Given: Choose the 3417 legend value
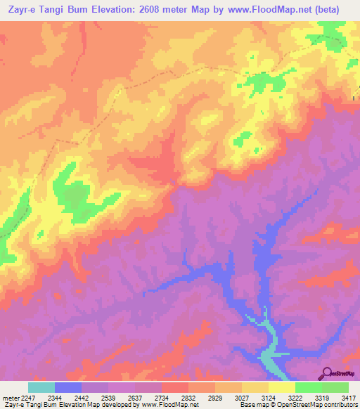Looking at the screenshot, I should (x=349, y=397).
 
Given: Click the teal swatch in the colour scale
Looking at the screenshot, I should (x=41, y=387).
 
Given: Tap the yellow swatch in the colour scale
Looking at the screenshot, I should (x=281, y=387).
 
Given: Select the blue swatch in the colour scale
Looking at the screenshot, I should (x=68, y=387).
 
